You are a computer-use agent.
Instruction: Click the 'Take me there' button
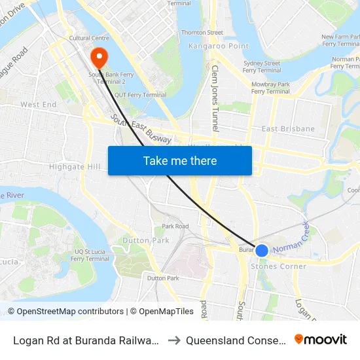(x=180, y=160)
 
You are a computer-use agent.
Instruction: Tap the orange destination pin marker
(x=100, y=57)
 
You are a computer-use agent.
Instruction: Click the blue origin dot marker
(x=261, y=250)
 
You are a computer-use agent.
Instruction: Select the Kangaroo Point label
(x=209, y=46)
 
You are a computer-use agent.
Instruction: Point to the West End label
(x=38, y=105)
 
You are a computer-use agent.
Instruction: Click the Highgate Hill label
(x=75, y=167)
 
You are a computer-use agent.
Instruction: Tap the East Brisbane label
(x=288, y=129)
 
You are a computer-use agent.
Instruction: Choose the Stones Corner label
(x=278, y=266)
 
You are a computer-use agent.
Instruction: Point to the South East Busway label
(x=141, y=130)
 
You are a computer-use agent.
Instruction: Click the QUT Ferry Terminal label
(x=140, y=95)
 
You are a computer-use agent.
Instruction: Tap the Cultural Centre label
(x=89, y=39)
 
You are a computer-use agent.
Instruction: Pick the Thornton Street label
(x=202, y=32)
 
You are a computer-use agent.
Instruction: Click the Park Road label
(x=175, y=226)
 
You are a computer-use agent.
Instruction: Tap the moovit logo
(x=321, y=339)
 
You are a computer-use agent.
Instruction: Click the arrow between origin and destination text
(x=173, y=340)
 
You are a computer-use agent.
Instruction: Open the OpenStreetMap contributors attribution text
(x=65, y=312)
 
